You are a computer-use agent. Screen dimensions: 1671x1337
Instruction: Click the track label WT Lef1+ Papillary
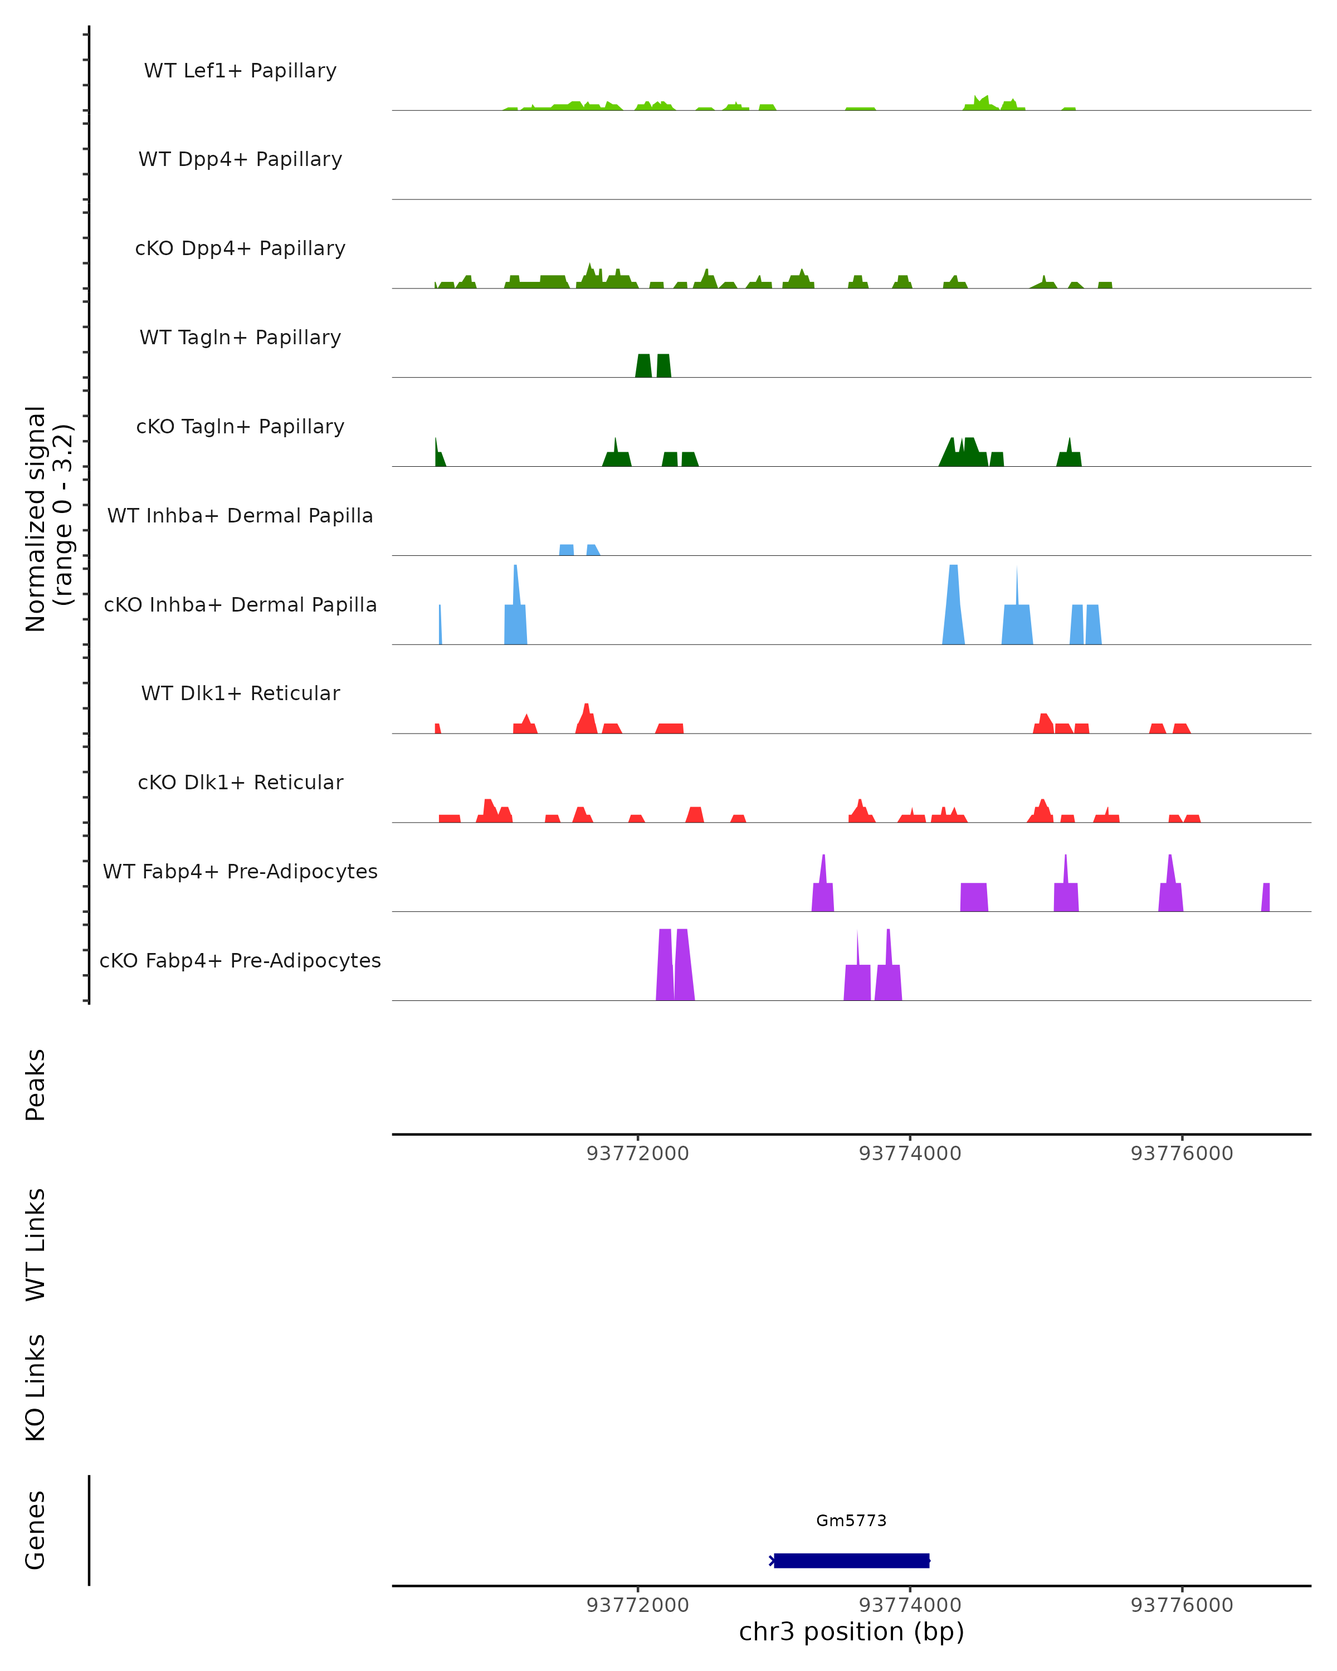click(x=240, y=71)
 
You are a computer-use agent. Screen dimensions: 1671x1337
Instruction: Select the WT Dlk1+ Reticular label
click(x=240, y=693)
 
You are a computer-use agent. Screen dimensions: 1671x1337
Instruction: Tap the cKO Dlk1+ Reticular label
click(x=240, y=782)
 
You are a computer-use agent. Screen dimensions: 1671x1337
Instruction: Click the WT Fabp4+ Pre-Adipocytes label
click(x=240, y=871)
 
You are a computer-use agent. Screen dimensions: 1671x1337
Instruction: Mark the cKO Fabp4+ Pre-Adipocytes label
click(x=240, y=960)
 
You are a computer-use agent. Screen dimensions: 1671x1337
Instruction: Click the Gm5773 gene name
click(x=851, y=1521)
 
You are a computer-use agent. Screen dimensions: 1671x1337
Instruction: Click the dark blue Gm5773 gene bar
click(x=851, y=1560)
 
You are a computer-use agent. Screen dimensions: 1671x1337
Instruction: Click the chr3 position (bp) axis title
click(x=851, y=1631)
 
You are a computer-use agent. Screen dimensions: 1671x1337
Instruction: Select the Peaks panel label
click(x=36, y=1084)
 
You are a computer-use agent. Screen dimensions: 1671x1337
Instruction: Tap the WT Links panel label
click(x=36, y=1244)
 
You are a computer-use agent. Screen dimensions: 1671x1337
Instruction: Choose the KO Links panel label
click(x=36, y=1387)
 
